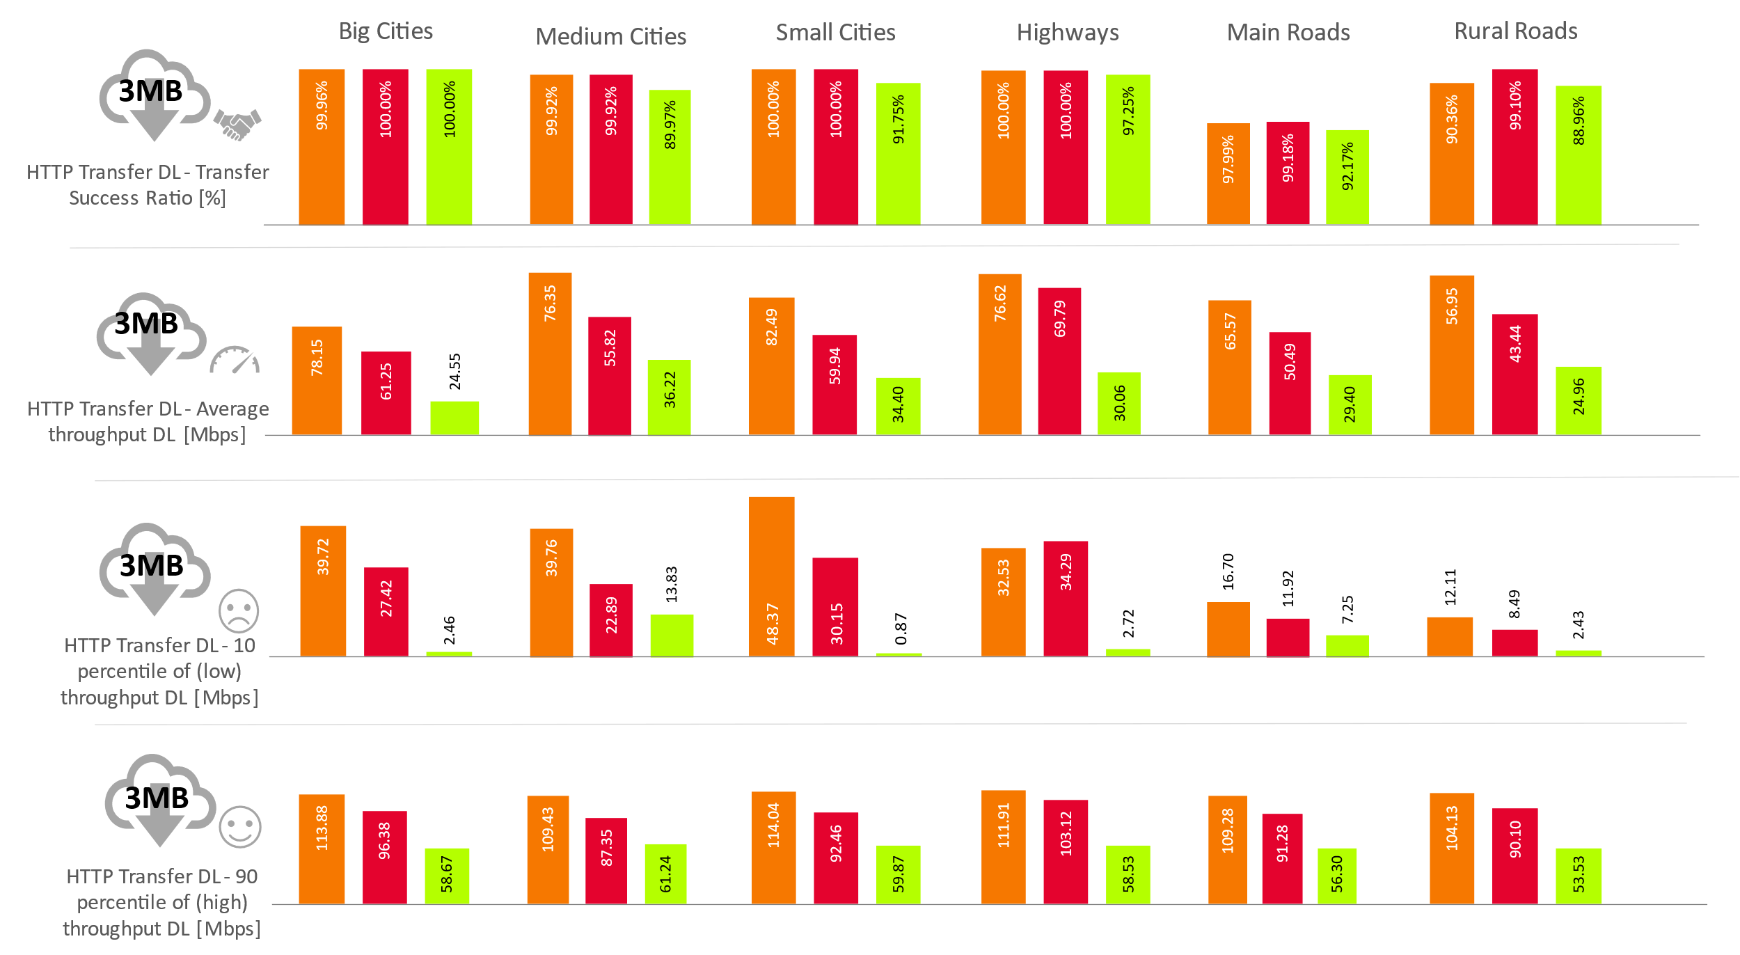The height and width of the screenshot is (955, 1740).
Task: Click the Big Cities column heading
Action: coord(386,31)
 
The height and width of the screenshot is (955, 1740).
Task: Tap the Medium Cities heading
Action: coord(610,36)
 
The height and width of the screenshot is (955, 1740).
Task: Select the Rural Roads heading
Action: coord(1515,31)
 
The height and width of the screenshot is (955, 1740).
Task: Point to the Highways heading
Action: coord(1067,33)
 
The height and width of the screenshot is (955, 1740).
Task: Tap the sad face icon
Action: coord(239,611)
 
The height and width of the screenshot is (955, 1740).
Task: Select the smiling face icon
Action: coord(240,828)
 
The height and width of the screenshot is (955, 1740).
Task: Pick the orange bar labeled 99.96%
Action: coord(322,147)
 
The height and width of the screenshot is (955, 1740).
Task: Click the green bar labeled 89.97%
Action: coord(670,157)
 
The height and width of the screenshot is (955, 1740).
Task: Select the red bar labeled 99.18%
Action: coord(1288,173)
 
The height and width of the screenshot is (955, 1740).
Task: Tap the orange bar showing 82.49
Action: coord(771,366)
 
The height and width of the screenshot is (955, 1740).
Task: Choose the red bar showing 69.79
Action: coord(1059,361)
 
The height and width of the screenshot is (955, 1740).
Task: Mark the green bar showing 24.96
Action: coord(1579,401)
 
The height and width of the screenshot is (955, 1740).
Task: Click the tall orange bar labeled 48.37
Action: coord(771,576)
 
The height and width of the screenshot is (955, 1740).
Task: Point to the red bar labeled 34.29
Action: coord(1066,599)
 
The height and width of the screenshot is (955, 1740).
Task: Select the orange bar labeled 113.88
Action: coord(322,849)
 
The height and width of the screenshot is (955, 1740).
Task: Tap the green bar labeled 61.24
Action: coord(665,874)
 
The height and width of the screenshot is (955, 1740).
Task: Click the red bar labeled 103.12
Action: coord(1066,852)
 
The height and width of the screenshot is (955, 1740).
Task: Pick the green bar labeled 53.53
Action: coord(1579,876)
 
